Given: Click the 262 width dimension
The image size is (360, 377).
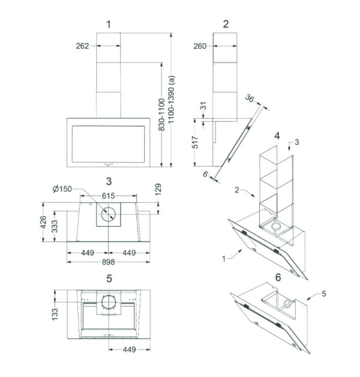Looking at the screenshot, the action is pos(82,46).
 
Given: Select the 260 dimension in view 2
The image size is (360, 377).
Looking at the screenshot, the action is pos(200,46).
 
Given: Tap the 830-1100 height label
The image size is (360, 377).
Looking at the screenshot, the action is pos(162,115).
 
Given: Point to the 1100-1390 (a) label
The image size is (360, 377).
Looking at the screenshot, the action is pos(172,100).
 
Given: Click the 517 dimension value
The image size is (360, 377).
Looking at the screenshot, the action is pos(195,142).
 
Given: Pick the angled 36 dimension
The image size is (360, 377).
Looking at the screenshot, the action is pos(250,98).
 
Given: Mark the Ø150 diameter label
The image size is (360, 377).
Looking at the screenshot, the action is pos(62,189).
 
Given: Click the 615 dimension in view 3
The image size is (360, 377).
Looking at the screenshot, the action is pos(109,196).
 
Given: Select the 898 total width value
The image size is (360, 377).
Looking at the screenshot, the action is pos(109,262).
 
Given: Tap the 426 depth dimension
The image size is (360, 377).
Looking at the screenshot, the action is pos(43,222).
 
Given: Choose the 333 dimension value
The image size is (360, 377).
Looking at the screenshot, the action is pos(55,226).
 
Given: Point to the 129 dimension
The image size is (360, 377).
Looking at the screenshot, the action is pos(158,190).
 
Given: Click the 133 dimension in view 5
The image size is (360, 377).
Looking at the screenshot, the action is pos(55,314).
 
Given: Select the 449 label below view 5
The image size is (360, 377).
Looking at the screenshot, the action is pos(129,349).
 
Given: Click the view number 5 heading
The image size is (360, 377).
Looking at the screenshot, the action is pos(109,279).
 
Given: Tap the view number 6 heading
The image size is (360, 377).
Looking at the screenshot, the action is pos(278,277).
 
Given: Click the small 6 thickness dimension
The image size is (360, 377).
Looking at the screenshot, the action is pos(205,174).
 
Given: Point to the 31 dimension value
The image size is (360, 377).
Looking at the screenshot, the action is pos(203,106).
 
